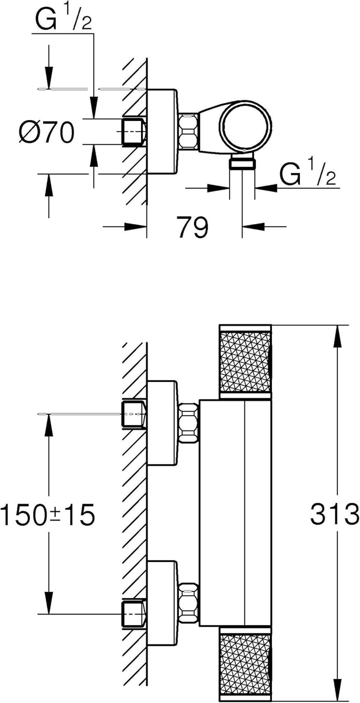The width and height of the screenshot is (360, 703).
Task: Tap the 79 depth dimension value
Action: coord(192,226)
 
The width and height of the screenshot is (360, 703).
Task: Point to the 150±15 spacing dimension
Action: coord(47,514)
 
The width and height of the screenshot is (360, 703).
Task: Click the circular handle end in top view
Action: coord(245,126)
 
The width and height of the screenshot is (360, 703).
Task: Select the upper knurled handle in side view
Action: coord(245,362)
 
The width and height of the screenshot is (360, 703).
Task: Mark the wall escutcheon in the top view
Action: coord(162,131)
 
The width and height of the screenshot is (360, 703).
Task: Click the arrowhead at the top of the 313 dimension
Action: coord(337,336)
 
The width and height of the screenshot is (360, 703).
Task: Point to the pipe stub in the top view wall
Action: coord(134,131)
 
